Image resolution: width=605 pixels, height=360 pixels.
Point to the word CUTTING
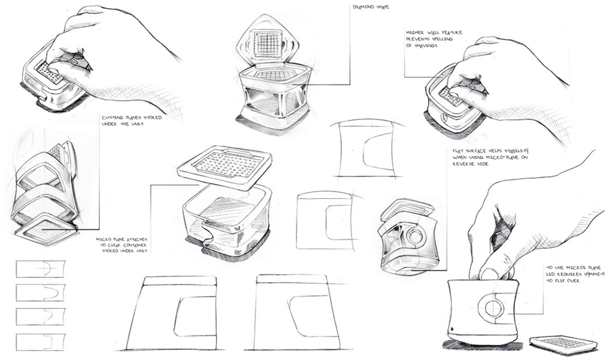click(110, 117)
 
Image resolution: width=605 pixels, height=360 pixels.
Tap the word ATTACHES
click(133, 238)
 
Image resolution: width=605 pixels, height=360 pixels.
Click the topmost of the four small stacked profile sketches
click(41, 269)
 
